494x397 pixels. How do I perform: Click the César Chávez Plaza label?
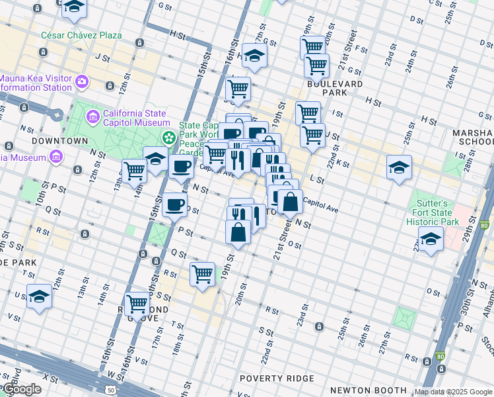tap(72, 34)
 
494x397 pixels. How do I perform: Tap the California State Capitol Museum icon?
tap(93, 117)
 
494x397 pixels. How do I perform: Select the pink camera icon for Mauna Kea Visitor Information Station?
tap(82, 82)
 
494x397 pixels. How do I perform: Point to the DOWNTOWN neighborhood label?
tap(59, 141)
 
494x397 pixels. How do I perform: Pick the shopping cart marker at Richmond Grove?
tap(137, 304)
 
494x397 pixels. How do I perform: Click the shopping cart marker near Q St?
tap(202, 273)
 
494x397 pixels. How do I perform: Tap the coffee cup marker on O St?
tap(174, 204)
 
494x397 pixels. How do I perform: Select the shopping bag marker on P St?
tap(238, 232)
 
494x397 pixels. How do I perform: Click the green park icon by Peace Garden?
tap(170, 138)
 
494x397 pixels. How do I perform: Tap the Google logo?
tap(22, 389)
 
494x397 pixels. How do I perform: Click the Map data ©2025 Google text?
tap(453, 392)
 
